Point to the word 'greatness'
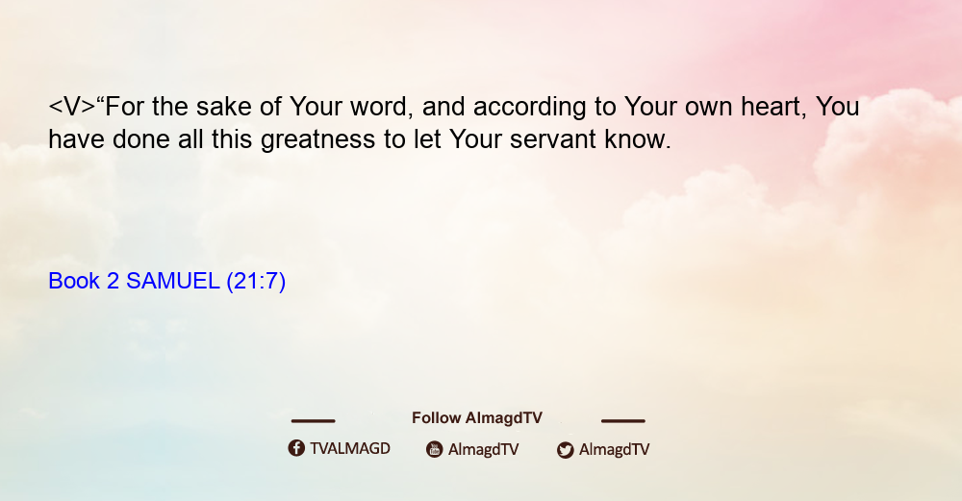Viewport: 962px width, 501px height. [317, 140]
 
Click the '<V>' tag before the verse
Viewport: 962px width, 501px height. [72, 107]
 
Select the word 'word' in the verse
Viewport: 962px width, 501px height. [378, 108]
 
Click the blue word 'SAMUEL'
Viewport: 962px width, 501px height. [173, 281]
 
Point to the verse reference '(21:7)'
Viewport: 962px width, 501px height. [256, 282]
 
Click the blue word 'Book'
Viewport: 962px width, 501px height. [74, 281]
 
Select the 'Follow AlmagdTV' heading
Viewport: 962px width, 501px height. [477, 418]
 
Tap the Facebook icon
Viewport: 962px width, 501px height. [296, 448]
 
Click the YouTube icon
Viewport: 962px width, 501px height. [435, 449]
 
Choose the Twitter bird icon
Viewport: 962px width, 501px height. [565, 450]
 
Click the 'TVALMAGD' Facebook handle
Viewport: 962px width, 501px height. [350, 449]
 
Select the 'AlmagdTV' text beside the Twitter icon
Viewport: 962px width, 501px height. [614, 450]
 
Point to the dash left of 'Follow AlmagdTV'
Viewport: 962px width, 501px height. [313, 420]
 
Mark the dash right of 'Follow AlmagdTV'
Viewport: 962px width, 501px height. [623, 420]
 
